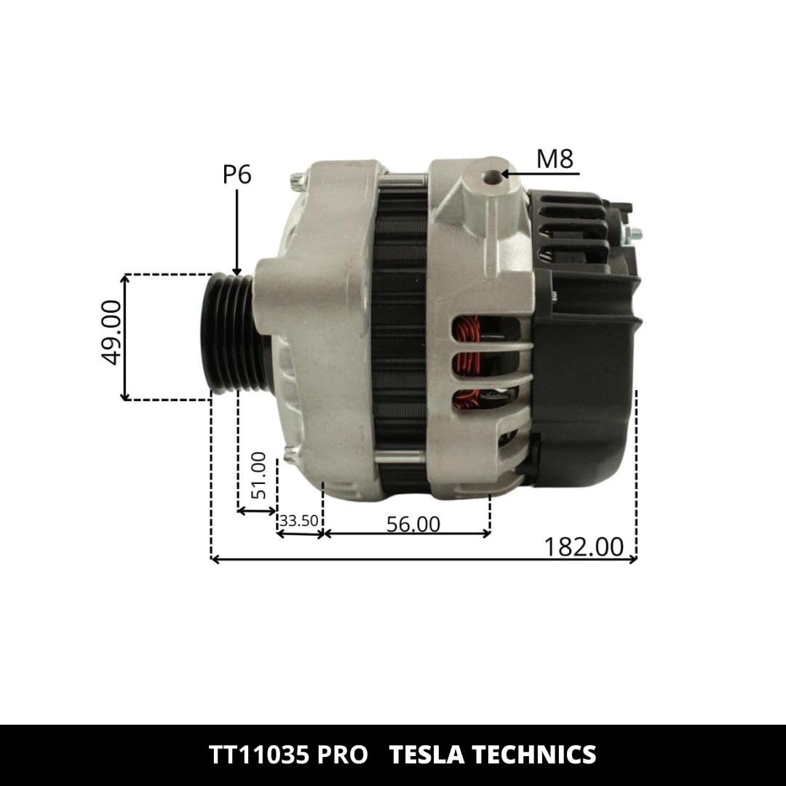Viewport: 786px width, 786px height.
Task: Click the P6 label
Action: click(237, 175)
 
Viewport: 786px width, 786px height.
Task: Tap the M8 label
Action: click(555, 159)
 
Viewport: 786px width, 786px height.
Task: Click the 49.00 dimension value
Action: click(111, 332)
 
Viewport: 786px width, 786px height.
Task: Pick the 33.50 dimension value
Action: click(299, 521)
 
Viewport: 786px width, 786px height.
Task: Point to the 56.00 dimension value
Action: click(413, 524)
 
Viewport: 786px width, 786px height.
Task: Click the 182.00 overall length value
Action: click(584, 547)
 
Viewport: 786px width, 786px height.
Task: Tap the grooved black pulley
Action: click(226, 335)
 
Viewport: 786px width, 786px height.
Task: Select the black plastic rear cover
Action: click(582, 364)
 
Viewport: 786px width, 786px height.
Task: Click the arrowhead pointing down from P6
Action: click(237, 269)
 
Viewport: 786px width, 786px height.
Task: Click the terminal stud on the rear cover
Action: click(635, 234)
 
